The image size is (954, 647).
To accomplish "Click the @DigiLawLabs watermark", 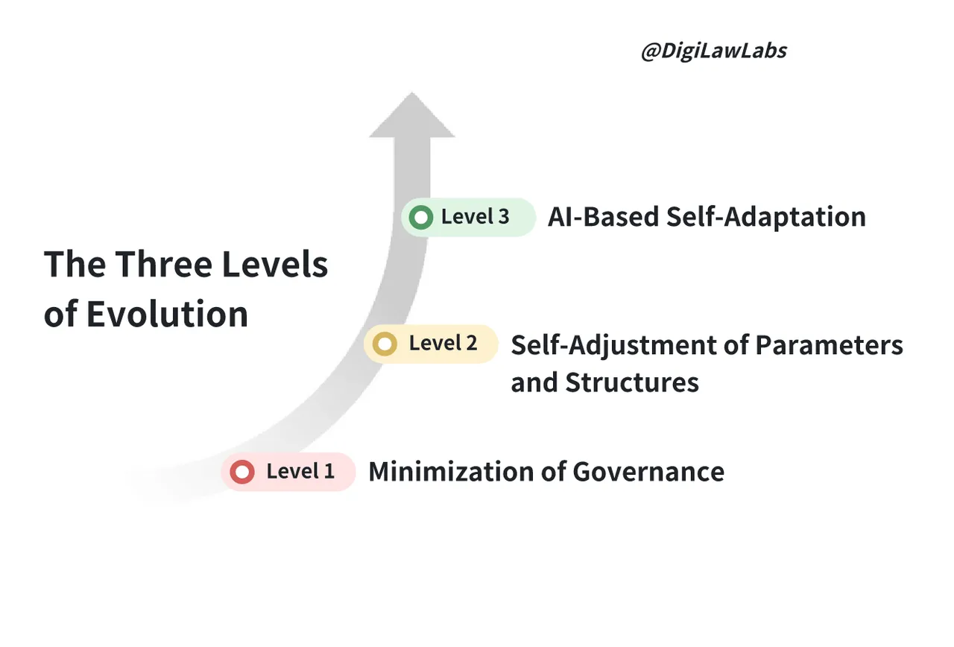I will (714, 51).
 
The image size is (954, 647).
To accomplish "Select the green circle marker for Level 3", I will (421, 218).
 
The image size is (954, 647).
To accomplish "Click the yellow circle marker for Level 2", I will (385, 344).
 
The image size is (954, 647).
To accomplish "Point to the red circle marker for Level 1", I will (241, 472).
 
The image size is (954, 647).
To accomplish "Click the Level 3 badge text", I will (475, 217).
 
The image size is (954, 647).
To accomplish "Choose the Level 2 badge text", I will (443, 344).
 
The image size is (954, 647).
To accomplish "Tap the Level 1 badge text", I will (300, 471).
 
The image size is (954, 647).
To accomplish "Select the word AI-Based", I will (603, 217).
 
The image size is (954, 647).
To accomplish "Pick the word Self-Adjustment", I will (629, 345).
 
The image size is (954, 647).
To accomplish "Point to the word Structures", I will (632, 382).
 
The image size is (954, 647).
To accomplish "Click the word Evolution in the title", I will (167, 314).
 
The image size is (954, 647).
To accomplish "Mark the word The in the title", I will (74, 265).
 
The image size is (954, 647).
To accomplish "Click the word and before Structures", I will (534, 382).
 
